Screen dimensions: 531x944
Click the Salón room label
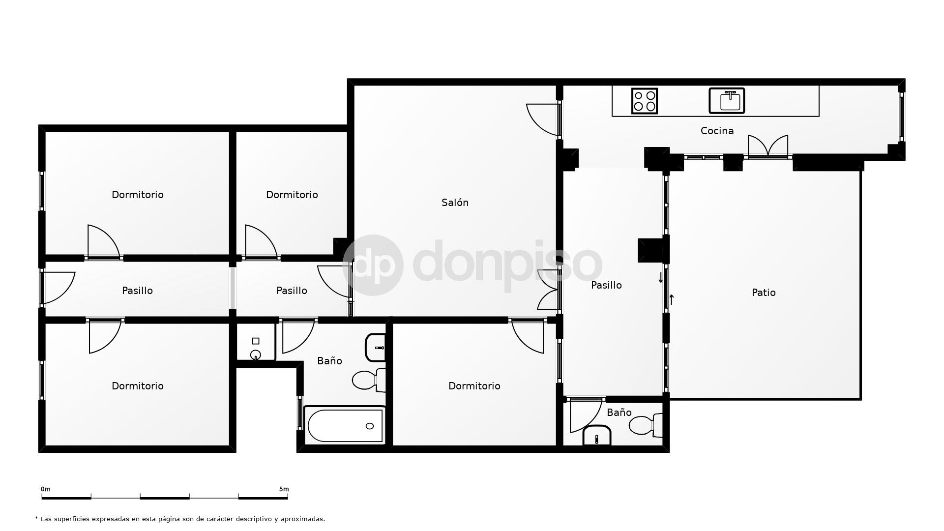coord(455,203)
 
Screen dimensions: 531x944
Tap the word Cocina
coord(717,131)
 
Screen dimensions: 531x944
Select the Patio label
coord(764,293)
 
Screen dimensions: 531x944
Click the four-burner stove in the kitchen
coord(644,101)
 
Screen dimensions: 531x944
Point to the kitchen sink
coord(727,101)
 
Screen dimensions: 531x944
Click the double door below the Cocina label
coord(767,146)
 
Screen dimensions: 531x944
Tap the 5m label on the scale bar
coord(284,489)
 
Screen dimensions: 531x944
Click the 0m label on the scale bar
coord(45,489)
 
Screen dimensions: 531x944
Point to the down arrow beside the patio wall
coord(660,278)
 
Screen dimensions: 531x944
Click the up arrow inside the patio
coord(672,299)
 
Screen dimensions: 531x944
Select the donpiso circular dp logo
coord(373,265)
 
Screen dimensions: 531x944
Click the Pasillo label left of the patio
coord(606,285)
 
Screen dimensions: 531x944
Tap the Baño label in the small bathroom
coord(619,413)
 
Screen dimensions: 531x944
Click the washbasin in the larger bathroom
coord(376,348)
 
